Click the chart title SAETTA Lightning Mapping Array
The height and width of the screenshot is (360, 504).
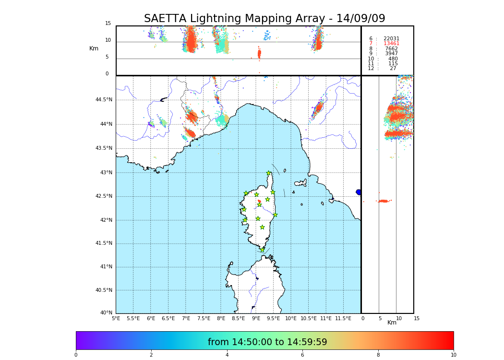(264, 19)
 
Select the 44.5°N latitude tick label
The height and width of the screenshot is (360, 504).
(104, 100)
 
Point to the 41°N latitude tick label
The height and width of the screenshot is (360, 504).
(106, 267)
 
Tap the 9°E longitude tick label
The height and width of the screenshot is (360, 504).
(256, 318)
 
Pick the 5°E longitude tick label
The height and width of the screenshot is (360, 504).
(116, 318)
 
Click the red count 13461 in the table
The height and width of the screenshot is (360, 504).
(391, 44)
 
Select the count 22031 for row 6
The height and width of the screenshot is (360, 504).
(391, 39)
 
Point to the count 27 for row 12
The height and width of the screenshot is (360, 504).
(393, 69)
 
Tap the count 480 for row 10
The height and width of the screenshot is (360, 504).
(393, 59)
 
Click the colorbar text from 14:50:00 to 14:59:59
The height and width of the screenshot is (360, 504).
(267, 342)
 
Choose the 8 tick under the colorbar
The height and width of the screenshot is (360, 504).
(378, 355)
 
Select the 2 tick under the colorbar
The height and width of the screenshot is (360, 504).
(151, 355)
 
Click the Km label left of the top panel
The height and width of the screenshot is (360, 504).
(94, 48)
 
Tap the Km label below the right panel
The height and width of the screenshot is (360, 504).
(392, 323)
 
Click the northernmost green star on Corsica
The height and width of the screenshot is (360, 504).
(269, 173)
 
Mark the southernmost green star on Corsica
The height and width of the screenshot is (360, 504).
(263, 250)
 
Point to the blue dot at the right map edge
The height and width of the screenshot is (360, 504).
(359, 192)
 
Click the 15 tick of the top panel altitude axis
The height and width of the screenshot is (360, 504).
(108, 24)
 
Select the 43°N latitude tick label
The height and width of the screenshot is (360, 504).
(106, 173)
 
